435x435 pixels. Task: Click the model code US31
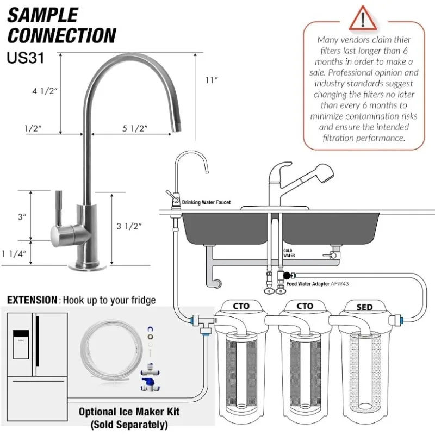[26, 57]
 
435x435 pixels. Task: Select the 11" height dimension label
[212, 80]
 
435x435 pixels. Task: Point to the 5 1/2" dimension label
[135, 128]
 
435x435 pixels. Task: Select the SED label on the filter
[364, 307]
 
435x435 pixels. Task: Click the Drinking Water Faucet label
[206, 202]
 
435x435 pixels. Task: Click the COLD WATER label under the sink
[288, 253]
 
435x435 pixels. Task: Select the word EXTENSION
[32, 300]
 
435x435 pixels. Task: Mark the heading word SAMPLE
[42, 15]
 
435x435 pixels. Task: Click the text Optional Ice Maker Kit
[129, 412]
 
